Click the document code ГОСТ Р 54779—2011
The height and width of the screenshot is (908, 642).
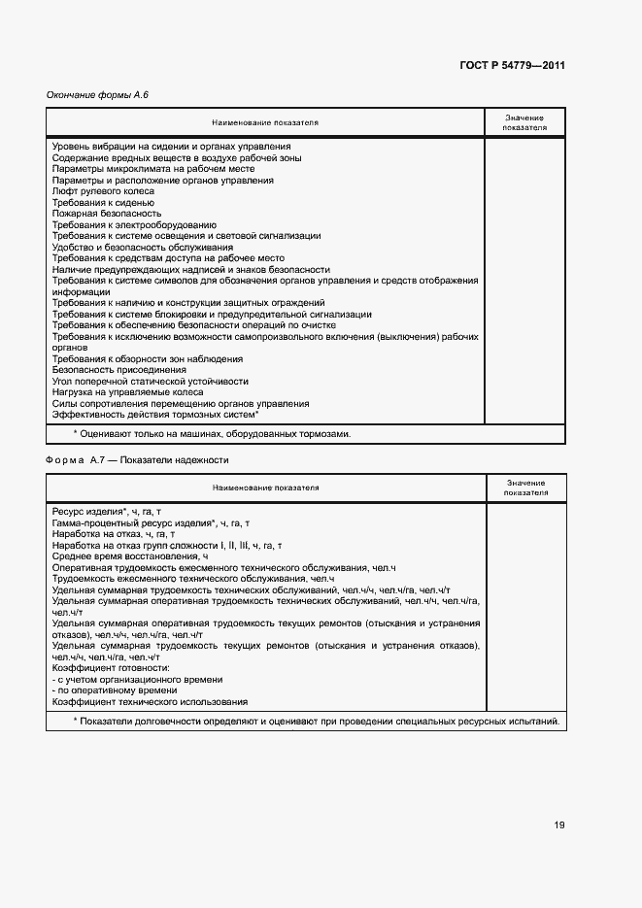click(x=513, y=66)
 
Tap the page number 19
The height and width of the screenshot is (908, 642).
click(x=559, y=824)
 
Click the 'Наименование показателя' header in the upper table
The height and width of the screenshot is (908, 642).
click(x=265, y=123)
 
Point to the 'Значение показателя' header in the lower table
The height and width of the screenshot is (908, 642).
click(x=525, y=488)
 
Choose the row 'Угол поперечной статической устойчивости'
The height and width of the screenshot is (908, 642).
click(x=151, y=382)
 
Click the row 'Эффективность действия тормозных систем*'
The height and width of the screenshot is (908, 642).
click(x=155, y=415)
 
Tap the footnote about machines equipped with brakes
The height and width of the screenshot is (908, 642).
click(x=212, y=434)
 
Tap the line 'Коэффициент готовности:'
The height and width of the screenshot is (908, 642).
click(x=111, y=668)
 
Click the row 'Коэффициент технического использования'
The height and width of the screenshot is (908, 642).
click(x=150, y=701)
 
